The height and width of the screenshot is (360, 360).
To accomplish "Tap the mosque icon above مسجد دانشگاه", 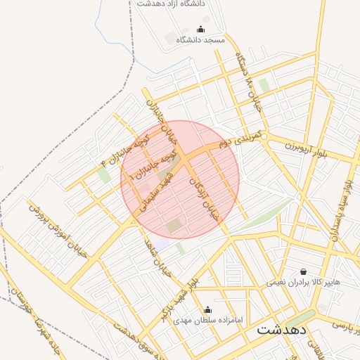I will (x=201, y=30).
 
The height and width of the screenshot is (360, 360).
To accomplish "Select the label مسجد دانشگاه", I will (x=201, y=40).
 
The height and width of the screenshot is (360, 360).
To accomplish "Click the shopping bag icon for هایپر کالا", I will (x=303, y=271).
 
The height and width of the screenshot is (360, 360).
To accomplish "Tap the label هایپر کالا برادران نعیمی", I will (x=303, y=283).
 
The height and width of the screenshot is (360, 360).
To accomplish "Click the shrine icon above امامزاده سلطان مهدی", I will (x=207, y=309).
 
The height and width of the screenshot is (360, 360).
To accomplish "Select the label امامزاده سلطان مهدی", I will (x=208, y=321).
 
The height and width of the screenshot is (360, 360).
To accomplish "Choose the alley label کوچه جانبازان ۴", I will (x=127, y=145).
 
